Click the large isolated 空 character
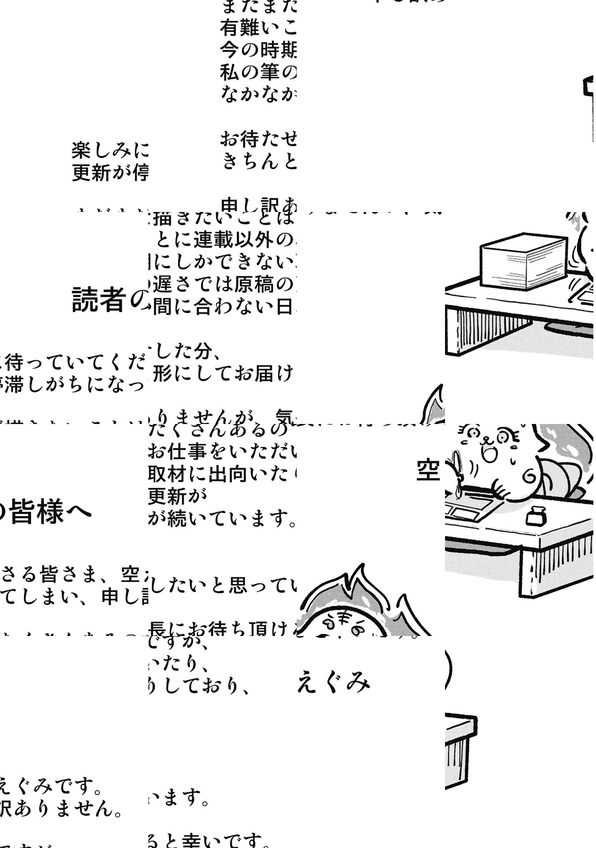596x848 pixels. tap(428, 470)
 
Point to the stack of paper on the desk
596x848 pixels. tap(523, 261)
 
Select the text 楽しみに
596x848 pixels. tap(109, 151)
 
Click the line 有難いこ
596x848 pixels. tap(258, 28)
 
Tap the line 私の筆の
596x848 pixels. tap(258, 72)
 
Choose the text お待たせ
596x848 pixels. tap(258, 140)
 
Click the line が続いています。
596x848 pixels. tap(222, 518)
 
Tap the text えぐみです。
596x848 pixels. tap(51, 786)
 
